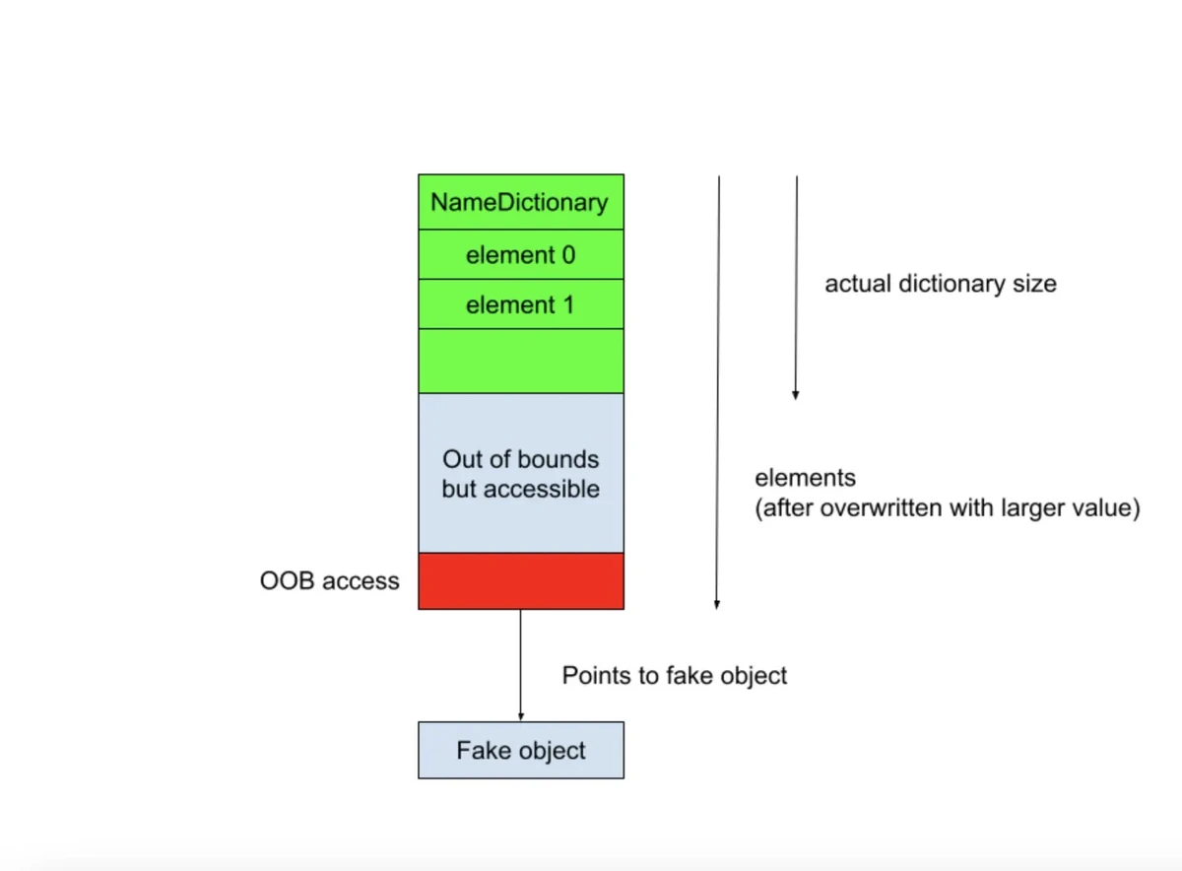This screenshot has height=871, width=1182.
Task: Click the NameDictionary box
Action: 521,202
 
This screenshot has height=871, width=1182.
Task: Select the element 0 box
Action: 521,254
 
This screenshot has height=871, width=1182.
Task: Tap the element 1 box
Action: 521,304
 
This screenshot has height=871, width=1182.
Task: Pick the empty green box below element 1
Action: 521,361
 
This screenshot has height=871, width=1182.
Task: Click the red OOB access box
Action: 521,581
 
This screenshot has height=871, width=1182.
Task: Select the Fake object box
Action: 521,750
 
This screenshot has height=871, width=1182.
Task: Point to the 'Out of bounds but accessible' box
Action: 521,473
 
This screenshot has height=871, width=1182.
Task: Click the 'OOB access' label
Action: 330,580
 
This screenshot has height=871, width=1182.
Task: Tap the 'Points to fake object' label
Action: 675,676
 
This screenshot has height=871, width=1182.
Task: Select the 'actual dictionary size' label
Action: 941,284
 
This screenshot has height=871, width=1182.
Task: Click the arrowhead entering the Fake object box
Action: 521,717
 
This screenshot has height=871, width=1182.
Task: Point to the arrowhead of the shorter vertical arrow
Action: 796,395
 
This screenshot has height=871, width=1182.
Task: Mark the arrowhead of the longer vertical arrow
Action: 717,604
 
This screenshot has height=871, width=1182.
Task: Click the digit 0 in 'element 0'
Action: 568,255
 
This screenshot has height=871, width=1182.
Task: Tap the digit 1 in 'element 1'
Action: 568,304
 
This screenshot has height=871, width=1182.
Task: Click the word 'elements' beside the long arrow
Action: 806,478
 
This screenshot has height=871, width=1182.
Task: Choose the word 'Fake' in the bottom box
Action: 479,750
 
